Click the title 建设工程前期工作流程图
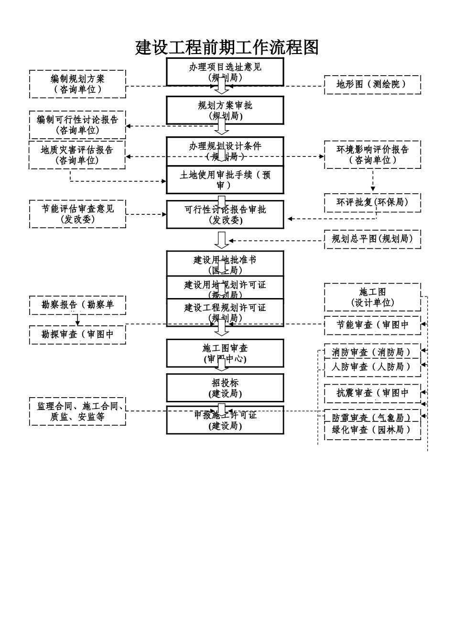click(x=227, y=47)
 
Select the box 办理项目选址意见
click(x=225, y=72)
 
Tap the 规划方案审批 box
click(x=225, y=110)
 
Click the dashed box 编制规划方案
click(x=77, y=84)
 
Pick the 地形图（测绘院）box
click(x=372, y=84)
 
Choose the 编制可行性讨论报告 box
click(x=77, y=124)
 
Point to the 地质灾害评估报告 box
click(x=77, y=155)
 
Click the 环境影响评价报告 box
click(x=372, y=155)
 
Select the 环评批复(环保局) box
click(x=372, y=202)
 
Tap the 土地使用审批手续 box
click(x=225, y=180)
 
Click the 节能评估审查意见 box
click(x=77, y=214)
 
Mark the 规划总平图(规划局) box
click(x=372, y=239)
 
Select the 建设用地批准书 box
click(x=225, y=264)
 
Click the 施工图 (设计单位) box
click(x=372, y=297)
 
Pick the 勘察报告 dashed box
click(x=77, y=305)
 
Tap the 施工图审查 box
click(x=225, y=353)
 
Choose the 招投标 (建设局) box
click(x=225, y=388)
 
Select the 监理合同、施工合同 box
click(x=77, y=411)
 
